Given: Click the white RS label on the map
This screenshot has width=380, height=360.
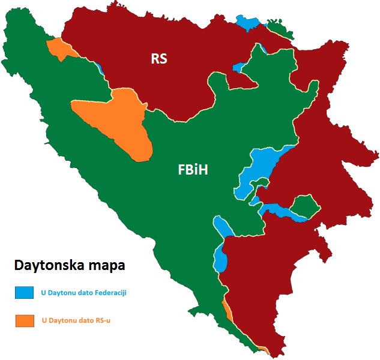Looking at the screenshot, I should click(159, 59).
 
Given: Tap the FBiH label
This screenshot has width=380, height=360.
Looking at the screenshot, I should click(193, 170).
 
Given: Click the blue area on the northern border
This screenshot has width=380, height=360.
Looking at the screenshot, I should click(249, 22).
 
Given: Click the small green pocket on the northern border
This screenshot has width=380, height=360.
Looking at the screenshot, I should click(277, 28).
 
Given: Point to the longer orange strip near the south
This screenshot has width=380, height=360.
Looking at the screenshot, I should click(228, 310).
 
